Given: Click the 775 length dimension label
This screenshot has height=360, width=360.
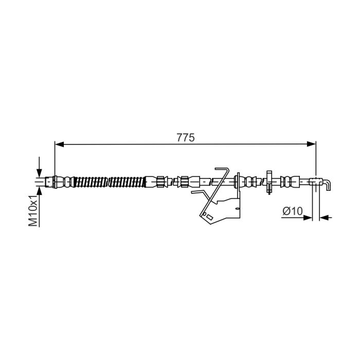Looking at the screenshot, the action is pos(186,137).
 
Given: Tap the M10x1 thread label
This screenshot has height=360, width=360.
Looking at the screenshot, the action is pos(33,211).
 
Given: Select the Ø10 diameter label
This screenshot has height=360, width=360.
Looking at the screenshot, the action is pos(293,211).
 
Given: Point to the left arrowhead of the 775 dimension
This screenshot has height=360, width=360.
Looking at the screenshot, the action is pos(59,144).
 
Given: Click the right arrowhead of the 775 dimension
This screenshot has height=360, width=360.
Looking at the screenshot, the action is pos(312,144).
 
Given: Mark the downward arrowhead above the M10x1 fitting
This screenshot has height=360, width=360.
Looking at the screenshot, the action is pos(39,173).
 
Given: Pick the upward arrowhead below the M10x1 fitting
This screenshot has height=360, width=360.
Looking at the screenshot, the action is pos(39,191).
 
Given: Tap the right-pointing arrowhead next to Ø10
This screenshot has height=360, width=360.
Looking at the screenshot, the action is pos(308,218).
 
